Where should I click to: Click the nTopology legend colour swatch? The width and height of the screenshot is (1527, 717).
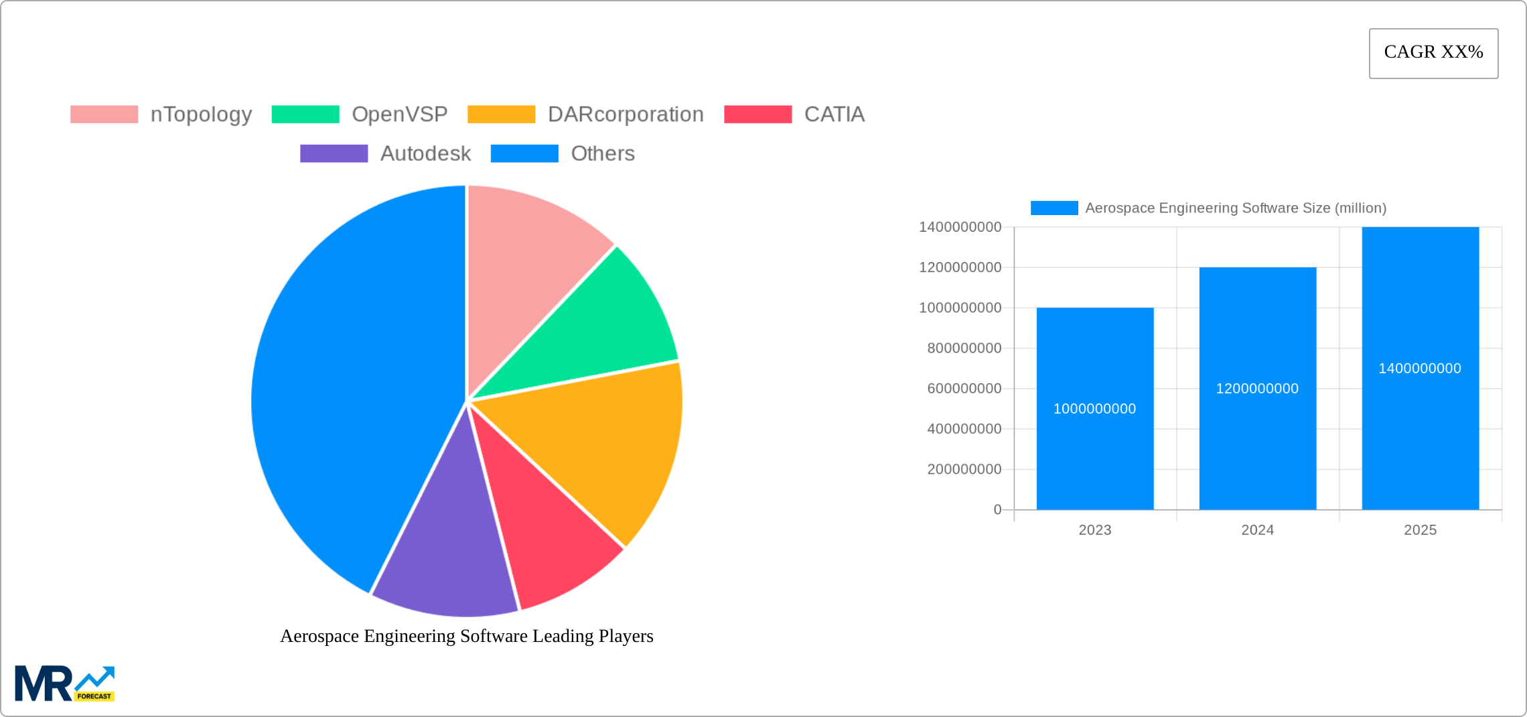(x=104, y=115)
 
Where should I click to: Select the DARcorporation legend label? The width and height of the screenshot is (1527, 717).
(x=626, y=115)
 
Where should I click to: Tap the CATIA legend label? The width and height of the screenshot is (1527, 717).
(x=834, y=115)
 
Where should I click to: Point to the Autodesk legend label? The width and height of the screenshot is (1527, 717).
(x=425, y=153)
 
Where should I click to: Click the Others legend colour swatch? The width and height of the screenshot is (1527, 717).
(x=524, y=153)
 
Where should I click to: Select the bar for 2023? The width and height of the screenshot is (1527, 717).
(x=1094, y=456)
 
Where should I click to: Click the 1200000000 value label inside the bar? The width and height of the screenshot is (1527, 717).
(x=1257, y=389)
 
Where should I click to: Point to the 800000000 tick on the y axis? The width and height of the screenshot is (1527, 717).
(x=964, y=348)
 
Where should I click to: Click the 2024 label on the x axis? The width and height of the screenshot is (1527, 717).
(x=1257, y=530)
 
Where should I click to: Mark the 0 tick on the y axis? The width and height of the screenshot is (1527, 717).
(x=997, y=510)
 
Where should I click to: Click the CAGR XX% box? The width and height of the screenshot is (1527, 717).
(x=1433, y=53)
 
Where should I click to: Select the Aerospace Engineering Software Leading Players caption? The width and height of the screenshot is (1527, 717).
(x=466, y=636)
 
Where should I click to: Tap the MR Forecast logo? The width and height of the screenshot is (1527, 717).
(x=65, y=683)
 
